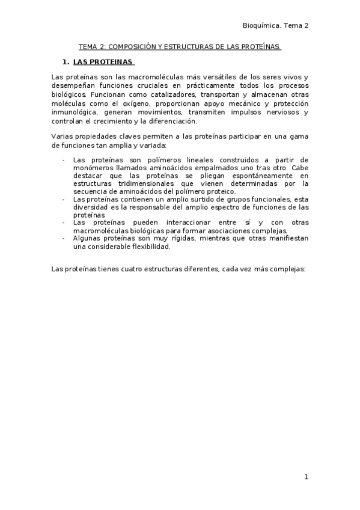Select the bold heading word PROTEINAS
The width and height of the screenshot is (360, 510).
pos(112,62)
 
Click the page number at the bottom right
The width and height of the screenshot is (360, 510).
pos(306,477)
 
